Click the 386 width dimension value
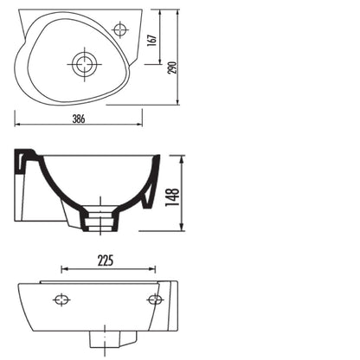pyautogui.click(x=79, y=119)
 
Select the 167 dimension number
pyautogui.click(x=152, y=41)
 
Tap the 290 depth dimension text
pyautogui.click(x=172, y=67)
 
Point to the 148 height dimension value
pyautogui.click(x=172, y=197)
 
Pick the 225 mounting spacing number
pyautogui.click(x=106, y=260)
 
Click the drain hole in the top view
pyautogui.click(x=84, y=64)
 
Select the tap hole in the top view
pyautogui.click(x=119, y=29)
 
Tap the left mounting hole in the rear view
pyautogui.click(x=61, y=299)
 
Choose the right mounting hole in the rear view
pyautogui.click(x=155, y=299)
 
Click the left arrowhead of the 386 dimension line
pyautogui.click(x=17, y=125)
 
